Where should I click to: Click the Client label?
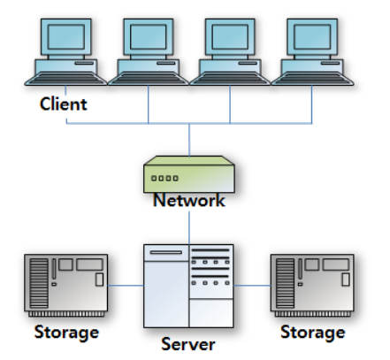(64, 103)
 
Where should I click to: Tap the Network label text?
(189, 200)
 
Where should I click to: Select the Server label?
(188, 344)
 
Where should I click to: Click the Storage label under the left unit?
(66, 333)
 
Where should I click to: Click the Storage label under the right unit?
(313, 333)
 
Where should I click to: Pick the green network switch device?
(189, 174)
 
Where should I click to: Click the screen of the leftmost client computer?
(66, 36)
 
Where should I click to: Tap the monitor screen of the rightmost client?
(312, 36)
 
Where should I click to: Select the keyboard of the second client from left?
(148, 79)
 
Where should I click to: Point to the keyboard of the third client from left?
(230, 79)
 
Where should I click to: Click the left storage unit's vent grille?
(39, 283)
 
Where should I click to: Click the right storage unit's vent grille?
(285, 283)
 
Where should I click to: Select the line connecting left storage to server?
(126, 286)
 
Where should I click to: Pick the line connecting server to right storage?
(252, 286)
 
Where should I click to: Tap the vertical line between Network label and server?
(189, 227)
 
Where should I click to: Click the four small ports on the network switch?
(164, 178)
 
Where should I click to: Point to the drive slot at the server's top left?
(166, 252)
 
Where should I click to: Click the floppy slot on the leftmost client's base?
(84, 63)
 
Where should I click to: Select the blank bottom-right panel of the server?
(211, 313)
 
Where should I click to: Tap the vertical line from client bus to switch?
(189, 140)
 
